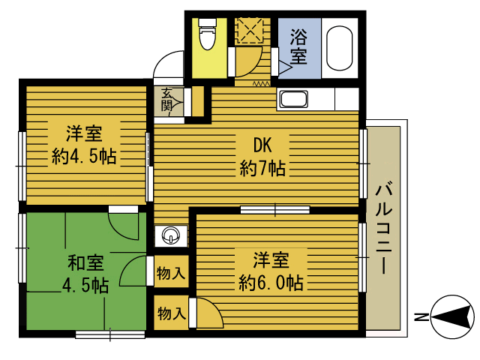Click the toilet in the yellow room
(x=207, y=33)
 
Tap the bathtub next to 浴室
(x=339, y=48)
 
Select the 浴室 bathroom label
(x=298, y=46)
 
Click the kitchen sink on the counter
(x=293, y=99)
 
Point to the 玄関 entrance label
(x=166, y=100)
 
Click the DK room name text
(x=262, y=145)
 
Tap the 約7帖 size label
(x=262, y=168)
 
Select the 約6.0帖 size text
(x=271, y=283)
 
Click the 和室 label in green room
(x=85, y=262)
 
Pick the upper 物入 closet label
(x=171, y=273)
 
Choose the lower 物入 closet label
(x=172, y=313)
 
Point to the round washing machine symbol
(x=170, y=235)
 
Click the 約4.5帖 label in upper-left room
(x=84, y=157)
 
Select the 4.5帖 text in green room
(x=85, y=286)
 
